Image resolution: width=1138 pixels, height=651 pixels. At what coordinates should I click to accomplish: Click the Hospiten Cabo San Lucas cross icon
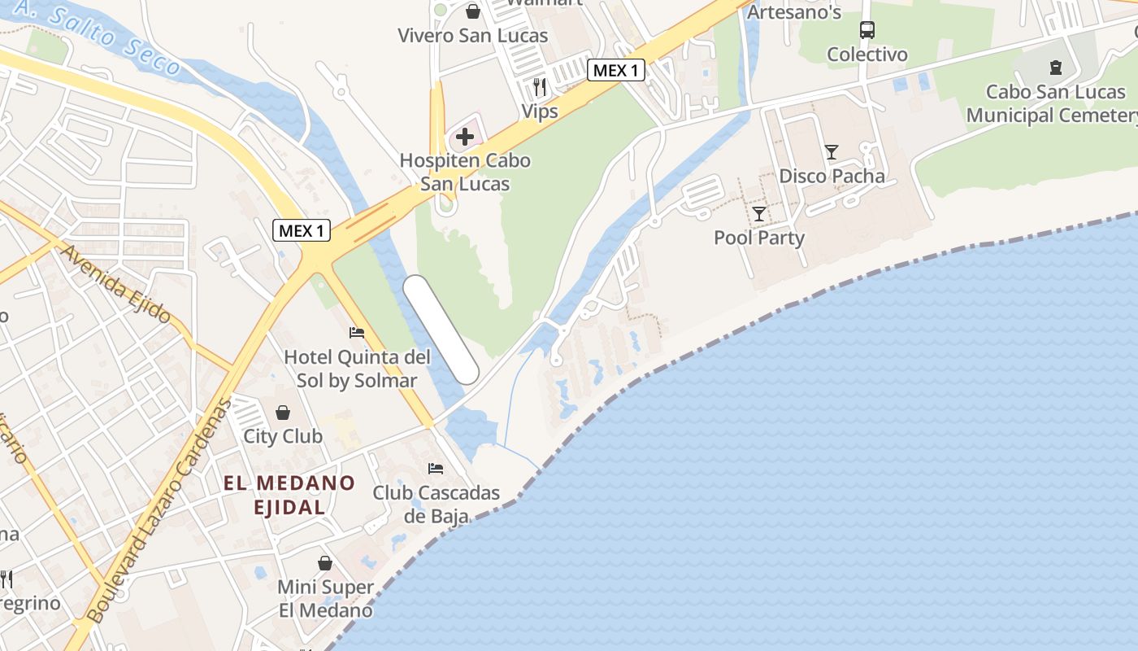coord(465,136)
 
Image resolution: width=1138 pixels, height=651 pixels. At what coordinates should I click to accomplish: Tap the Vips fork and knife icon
coord(540,86)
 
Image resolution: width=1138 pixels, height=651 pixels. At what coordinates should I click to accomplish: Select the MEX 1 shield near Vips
coord(616,70)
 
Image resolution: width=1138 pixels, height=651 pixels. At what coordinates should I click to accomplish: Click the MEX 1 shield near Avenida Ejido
coord(301,230)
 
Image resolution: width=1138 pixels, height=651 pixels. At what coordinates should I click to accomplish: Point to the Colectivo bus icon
coord(867,30)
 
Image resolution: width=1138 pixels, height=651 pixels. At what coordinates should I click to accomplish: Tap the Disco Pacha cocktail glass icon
coord(832,151)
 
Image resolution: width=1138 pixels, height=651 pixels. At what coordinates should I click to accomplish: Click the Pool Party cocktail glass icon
coord(759,213)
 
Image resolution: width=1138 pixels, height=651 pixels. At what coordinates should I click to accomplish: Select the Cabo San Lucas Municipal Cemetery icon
coord(1055,67)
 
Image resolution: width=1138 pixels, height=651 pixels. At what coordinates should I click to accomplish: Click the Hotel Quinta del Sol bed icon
coord(356,332)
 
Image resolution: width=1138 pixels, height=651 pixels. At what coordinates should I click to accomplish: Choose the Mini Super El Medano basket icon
coord(325,562)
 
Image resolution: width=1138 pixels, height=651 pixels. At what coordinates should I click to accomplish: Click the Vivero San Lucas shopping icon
coord(472,11)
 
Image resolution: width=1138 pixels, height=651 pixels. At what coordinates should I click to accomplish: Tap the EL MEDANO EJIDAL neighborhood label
coord(289,495)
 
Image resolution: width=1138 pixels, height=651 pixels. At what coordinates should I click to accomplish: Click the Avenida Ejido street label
coord(115,284)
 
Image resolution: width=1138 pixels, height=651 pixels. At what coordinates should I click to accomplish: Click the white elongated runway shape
coord(441,329)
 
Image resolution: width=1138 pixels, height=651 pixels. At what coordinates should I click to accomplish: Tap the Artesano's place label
coord(794,12)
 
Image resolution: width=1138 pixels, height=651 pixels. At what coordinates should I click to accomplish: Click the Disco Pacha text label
coord(832,176)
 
